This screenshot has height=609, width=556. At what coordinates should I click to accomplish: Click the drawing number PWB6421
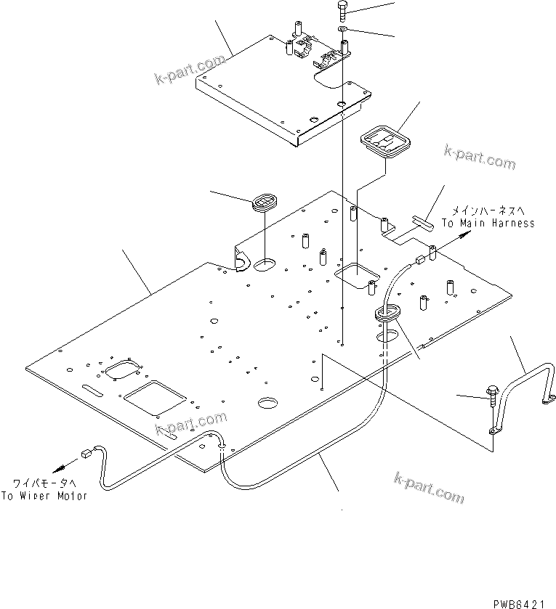520,602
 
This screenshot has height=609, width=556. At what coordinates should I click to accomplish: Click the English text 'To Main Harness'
488,224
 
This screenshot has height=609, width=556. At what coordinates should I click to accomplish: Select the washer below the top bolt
342,30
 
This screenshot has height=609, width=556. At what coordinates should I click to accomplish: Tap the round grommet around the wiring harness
387,314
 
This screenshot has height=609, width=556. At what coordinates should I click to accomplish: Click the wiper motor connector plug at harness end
86,455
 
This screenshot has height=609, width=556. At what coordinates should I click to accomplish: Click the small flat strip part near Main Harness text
421,218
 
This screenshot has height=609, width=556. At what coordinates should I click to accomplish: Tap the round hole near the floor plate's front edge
267,402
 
